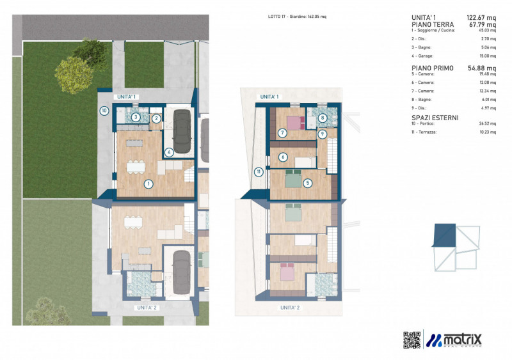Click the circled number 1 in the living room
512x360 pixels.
(148, 184)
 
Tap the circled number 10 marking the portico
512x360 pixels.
(104, 110)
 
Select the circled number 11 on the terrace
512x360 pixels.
(258, 171)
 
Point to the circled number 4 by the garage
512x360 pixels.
(169, 152)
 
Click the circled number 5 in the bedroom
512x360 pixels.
(307, 183)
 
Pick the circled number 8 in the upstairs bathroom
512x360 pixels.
(323, 118)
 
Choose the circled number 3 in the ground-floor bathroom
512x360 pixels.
(136, 118)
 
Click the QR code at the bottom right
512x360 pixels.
(412, 340)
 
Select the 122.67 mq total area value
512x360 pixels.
(481, 17)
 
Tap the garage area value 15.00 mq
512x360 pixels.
(488, 56)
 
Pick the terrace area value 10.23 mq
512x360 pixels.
(488, 131)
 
